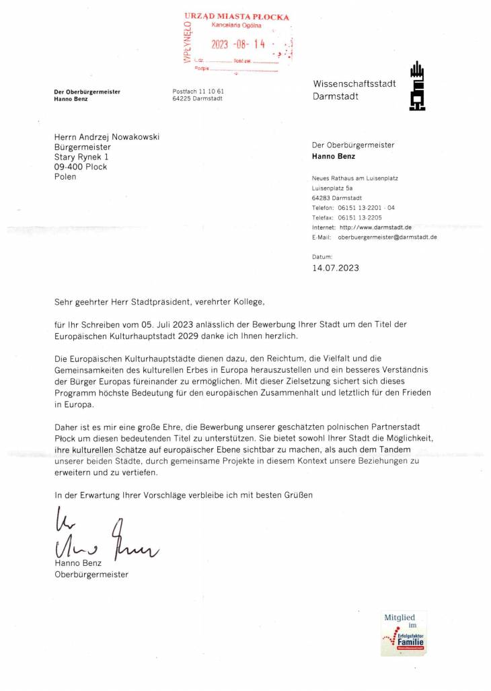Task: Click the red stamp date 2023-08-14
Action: click(239, 44)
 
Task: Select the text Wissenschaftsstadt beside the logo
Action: click(354, 83)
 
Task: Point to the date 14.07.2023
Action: click(336, 267)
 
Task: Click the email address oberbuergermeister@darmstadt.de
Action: click(387, 238)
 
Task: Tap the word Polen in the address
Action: click(65, 177)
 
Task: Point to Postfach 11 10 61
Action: click(198, 91)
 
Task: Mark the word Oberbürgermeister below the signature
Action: click(91, 575)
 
